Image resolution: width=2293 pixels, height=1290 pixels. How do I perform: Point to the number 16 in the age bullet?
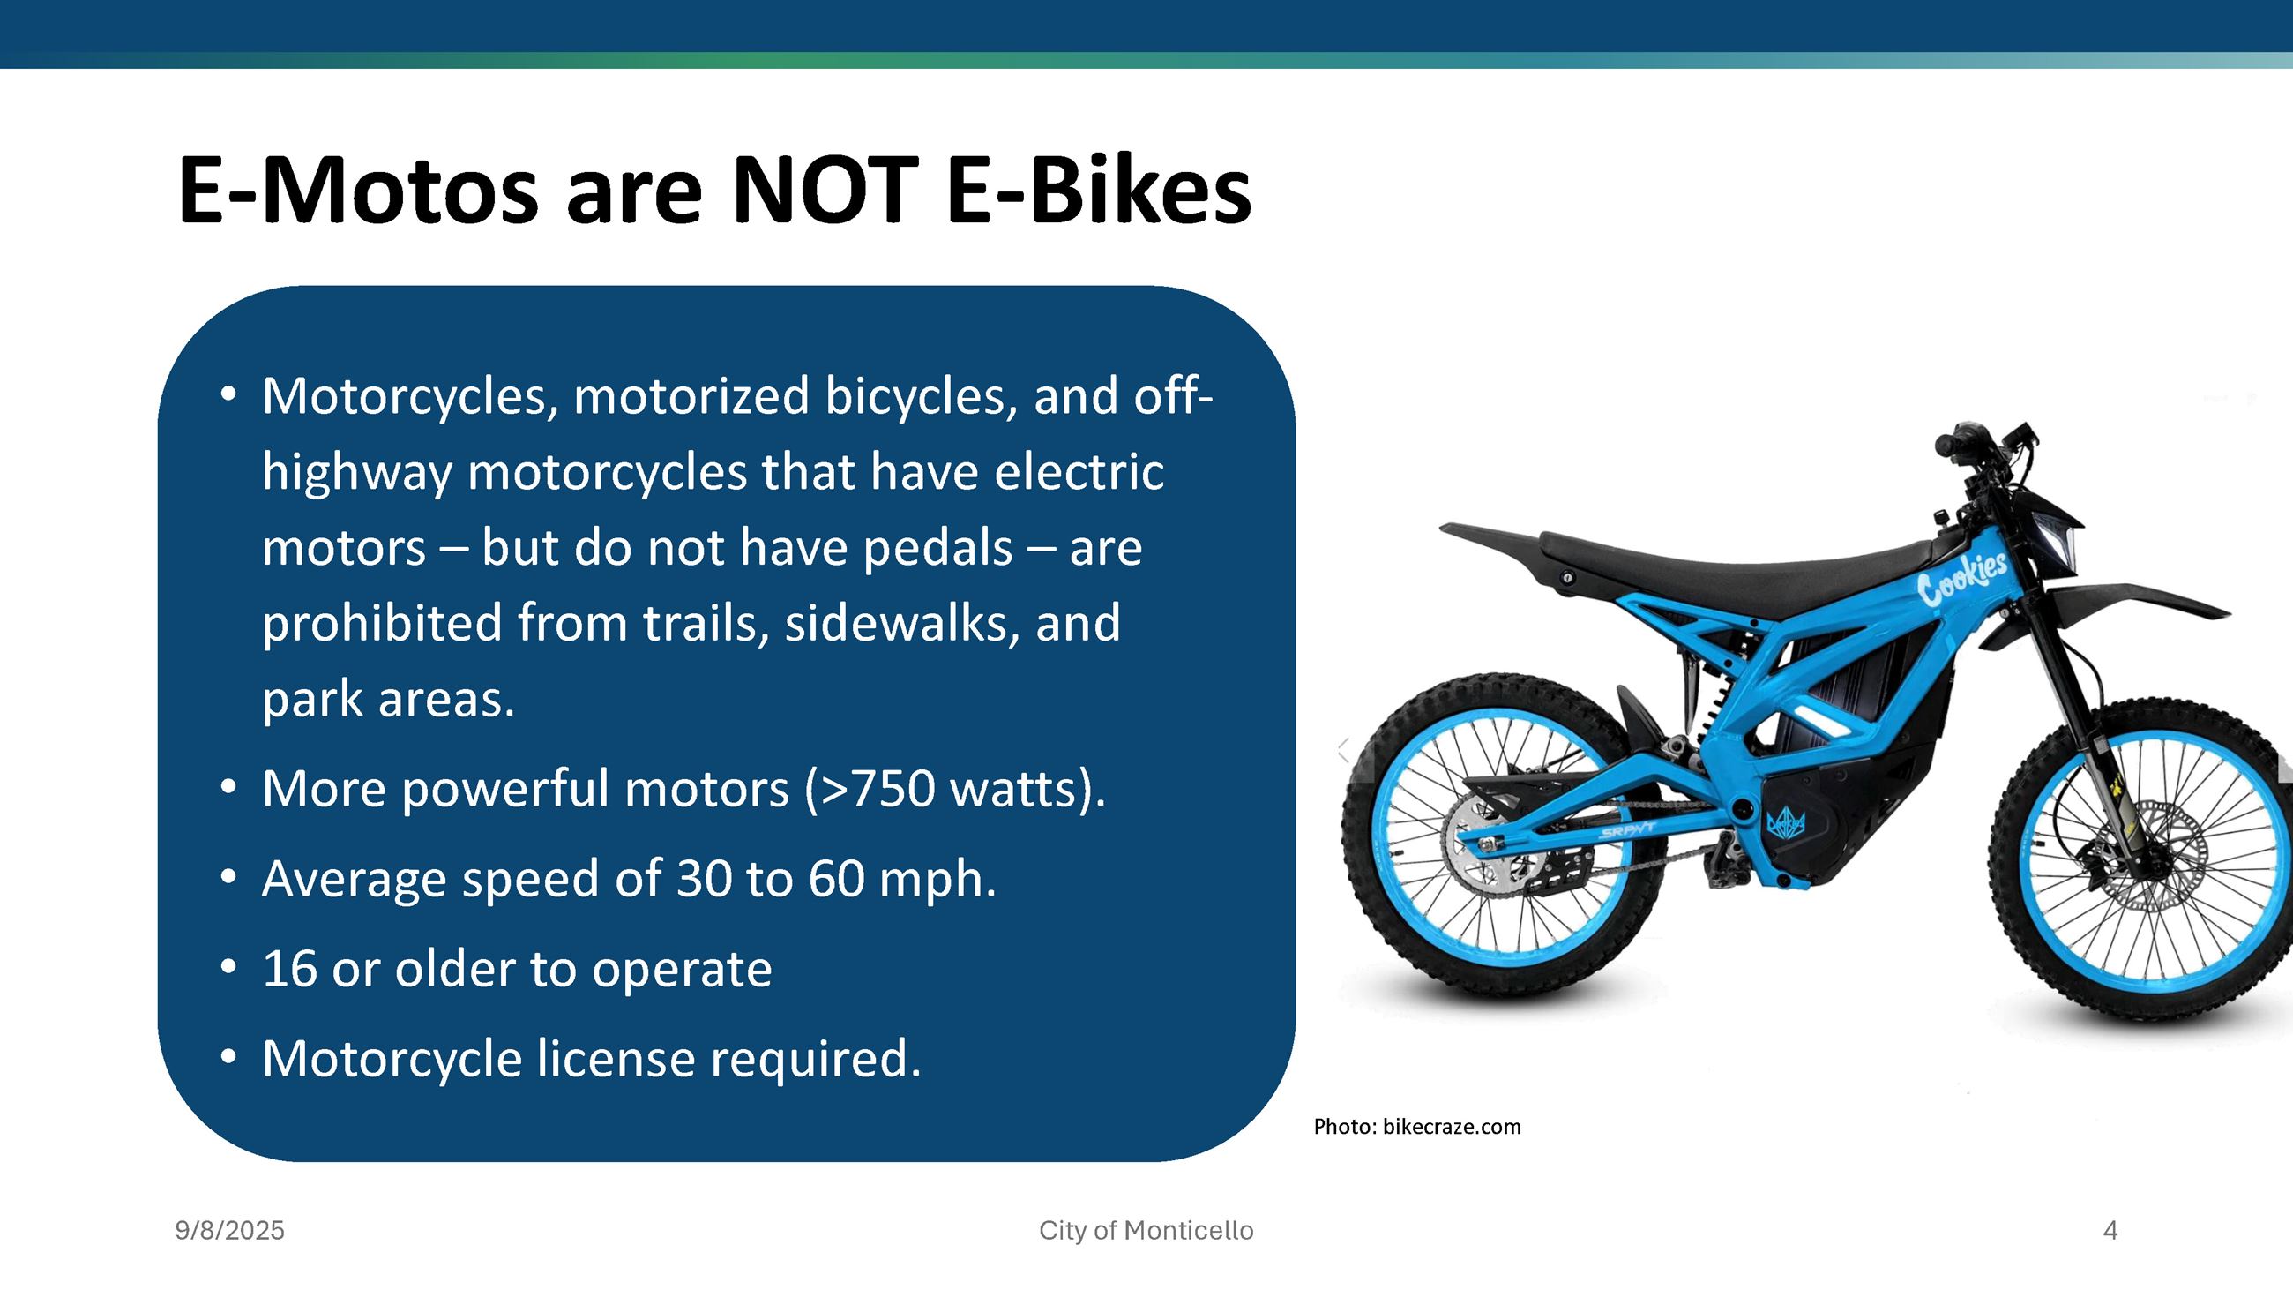pyautogui.click(x=289, y=970)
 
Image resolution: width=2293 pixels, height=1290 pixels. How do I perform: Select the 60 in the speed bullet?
pyautogui.click(x=836, y=880)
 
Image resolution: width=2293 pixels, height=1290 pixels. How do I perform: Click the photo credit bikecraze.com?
pyautogui.click(x=1451, y=1127)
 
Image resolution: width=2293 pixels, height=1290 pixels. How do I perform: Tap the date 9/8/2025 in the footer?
pyautogui.click(x=229, y=1231)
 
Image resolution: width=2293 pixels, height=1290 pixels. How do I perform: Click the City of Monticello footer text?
pyautogui.click(x=1146, y=1231)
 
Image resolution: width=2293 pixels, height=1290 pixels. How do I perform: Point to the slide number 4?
pyautogui.click(x=2110, y=1231)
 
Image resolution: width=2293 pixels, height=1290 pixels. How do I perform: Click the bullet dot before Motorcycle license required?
pyautogui.click(x=228, y=1058)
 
